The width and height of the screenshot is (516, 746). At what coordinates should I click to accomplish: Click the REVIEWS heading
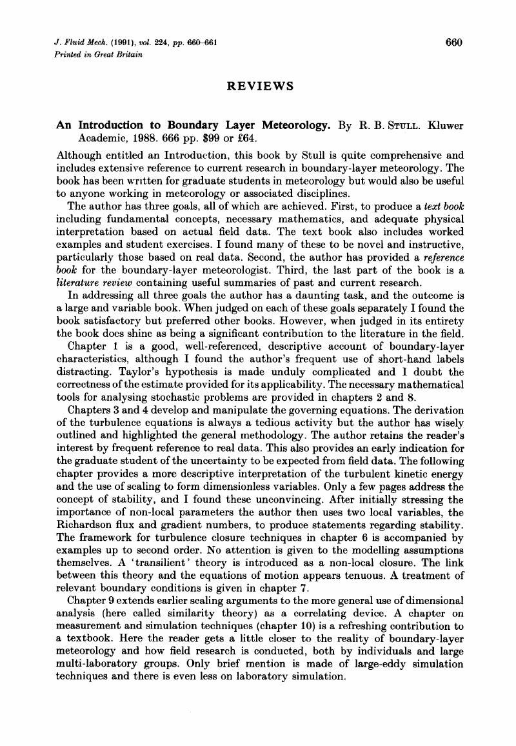pyautogui.click(x=261, y=86)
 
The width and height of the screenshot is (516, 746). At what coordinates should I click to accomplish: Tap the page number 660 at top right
pyautogui.click(x=454, y=43)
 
